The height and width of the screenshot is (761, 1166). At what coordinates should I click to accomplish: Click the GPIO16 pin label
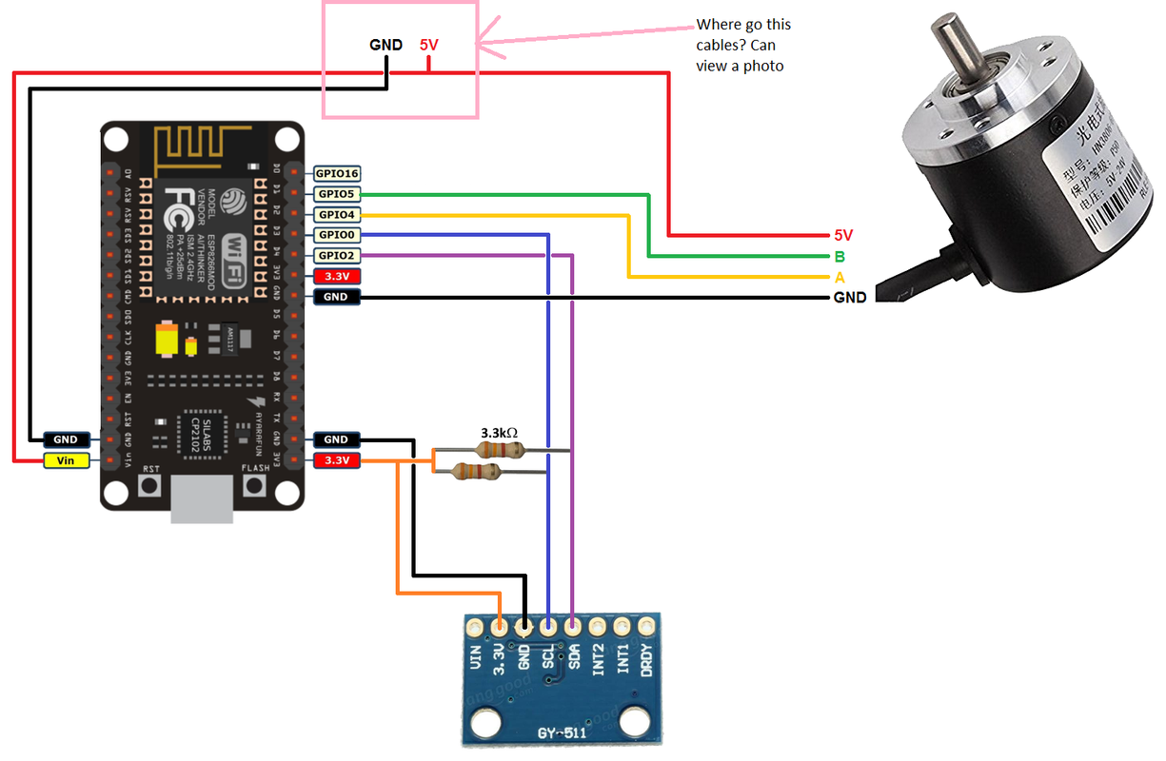[x=337, y=173]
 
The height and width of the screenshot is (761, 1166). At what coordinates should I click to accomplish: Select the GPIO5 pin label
[x=337, y=194]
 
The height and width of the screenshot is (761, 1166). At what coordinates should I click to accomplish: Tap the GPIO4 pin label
[x=337, y=215]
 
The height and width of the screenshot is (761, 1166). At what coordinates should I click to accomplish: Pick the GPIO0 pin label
[x=337, y=235]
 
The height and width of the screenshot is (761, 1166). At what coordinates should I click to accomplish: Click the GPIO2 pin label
[x=337, y=256]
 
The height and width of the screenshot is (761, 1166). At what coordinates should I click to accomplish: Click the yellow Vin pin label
[x=66, y=460]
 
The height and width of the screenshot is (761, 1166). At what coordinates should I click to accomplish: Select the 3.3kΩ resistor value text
[x=499, y=432]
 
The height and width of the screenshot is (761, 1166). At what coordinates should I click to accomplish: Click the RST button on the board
[x=150, y=486]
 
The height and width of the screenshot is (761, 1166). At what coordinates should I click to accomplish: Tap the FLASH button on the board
[x=254, y=486]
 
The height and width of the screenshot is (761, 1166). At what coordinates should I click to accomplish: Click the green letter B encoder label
[x=840, y=256]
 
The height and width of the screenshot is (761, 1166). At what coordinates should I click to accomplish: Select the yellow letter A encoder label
[x=840, y=278]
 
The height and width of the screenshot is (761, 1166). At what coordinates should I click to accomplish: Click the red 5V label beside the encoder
[x=843, y=234]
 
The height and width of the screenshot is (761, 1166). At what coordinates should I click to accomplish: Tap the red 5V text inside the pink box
[x=429, y=45]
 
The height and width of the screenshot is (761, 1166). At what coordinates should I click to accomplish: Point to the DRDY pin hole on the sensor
[x=646, y=626]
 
